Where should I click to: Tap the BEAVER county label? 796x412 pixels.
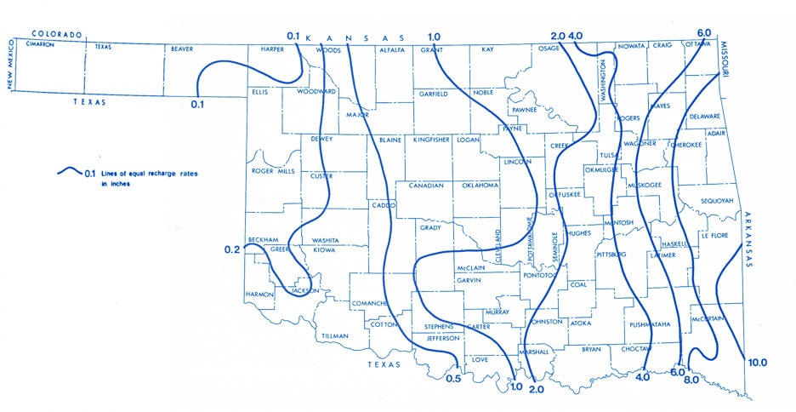point(182,49)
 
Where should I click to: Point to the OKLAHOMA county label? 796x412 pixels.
point(480,186)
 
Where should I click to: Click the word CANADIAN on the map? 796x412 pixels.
point(426,186)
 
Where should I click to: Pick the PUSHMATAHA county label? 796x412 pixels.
point(651,324)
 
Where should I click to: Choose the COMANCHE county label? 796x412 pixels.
point(372,303)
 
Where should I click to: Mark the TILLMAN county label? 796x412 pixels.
point(335,336)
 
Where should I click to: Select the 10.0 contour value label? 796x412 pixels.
point(757,363)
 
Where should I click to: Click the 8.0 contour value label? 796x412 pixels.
point(691,380)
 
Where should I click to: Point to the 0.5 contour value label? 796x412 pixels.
point(454,377)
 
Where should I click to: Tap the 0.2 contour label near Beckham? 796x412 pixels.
point(232,249)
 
